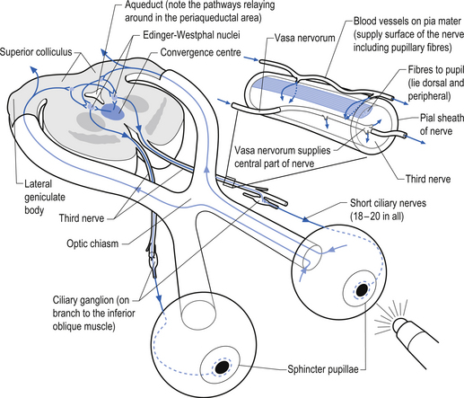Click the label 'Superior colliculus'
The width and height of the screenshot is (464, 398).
pyautogui.click(x=36, y=52)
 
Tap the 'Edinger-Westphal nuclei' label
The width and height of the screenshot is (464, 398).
pyautogui.click(x=191, y=35)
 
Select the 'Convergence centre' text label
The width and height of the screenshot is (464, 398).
pyautogui.click(x=200, y=52)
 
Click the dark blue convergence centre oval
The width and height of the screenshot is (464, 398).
pyautogui.click(x=112, y=112)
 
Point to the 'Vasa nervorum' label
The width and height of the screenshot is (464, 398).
pyautogui.click(x=304, y=38)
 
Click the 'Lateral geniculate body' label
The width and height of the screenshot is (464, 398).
pyautogui.click(x=45, y=197)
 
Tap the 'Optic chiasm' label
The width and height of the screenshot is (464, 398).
pyautogui.click(x=92, y=243)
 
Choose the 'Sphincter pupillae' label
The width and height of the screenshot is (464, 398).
pyautogui.click(x=323, y=369)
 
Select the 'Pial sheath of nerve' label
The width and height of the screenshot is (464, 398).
pyautogui.click(x=442, y=124)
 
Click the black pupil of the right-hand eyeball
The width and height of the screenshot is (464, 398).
pyautogui.click(x=363, y=289)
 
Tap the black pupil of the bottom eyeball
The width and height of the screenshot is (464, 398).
pyautogui.click(x=222, y=367)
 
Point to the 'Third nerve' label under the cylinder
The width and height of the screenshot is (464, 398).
pyautogui.click(x=428, y=179)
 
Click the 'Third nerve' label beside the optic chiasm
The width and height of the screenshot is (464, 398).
pyautogui.click(x=82, y=218)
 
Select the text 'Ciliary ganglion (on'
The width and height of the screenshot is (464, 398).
pyautogui.click(x=91, y=300)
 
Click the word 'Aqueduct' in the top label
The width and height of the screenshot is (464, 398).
pyautogui.click(x=144, y=4)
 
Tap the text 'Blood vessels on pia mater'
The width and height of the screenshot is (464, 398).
pyautogui.click(x=407, y=22)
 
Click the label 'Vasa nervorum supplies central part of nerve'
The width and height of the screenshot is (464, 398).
pyautogui.click(x=283, y=156)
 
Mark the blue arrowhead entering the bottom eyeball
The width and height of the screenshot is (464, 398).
pyautogui.click(x=159, y=299)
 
